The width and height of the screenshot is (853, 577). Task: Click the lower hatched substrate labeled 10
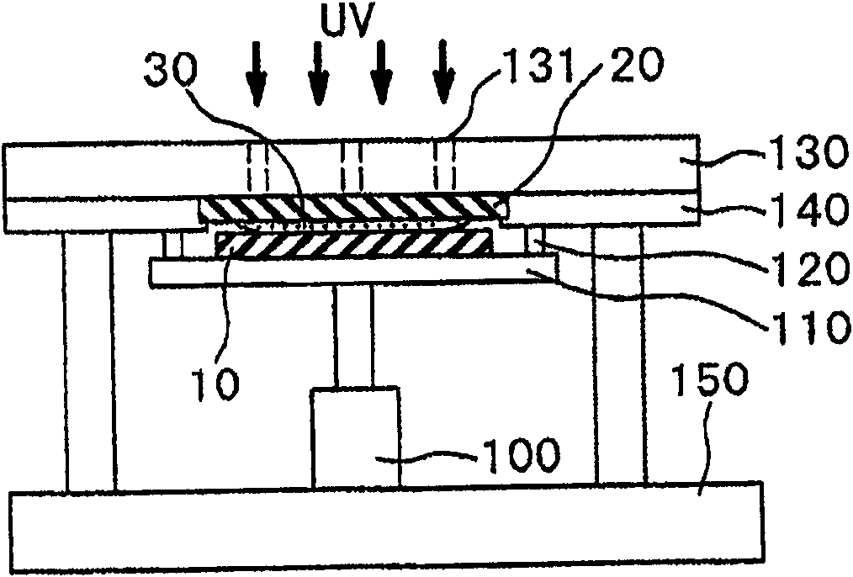coord(353,246)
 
